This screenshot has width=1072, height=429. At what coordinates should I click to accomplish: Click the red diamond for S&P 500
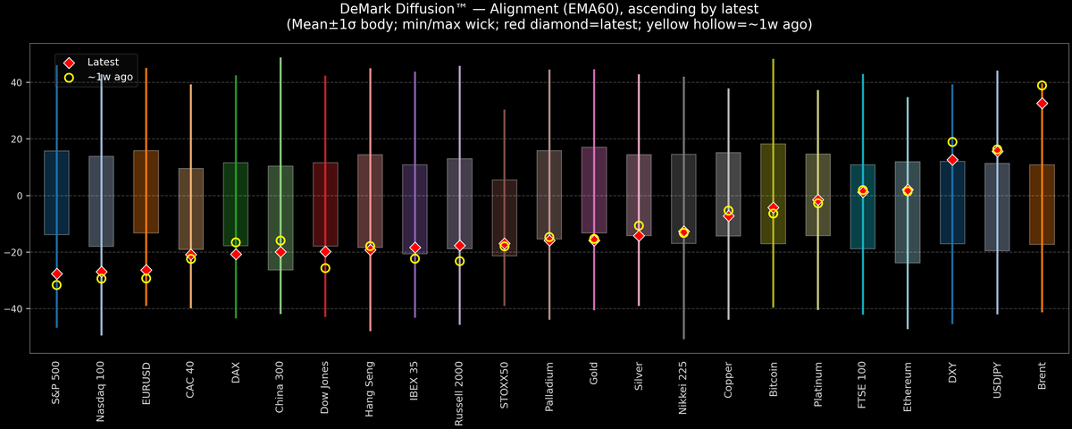56,273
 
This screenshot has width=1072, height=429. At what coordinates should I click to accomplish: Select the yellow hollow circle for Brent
1042,86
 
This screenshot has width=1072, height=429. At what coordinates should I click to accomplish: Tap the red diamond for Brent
1042,104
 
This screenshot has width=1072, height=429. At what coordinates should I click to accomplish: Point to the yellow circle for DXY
952,142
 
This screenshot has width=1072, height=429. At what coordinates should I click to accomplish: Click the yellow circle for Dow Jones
325,268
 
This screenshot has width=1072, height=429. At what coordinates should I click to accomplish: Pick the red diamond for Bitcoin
773,207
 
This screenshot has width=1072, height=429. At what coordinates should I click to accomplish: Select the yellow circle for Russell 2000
459,261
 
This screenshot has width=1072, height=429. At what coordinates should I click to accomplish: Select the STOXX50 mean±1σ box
505,218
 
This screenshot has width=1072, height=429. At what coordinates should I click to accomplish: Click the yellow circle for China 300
281,240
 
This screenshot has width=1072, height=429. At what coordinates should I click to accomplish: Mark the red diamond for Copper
728,215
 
